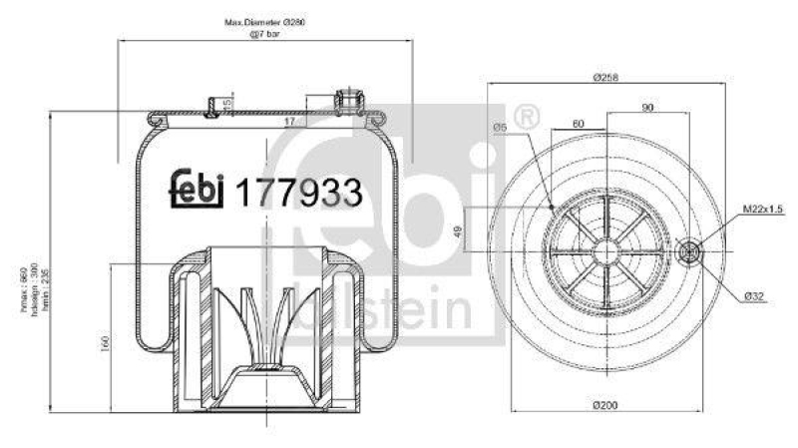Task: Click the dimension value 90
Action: pyautogui.click(x=647, y=107)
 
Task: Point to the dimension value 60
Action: pyautogui.click(x=578, y=123)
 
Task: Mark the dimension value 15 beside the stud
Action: pyautogui.click(x=227, y=103)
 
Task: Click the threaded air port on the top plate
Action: pyautogui.click(x=348, y=100)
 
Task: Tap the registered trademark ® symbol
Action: pyautogui.click(x=530, y=117)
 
